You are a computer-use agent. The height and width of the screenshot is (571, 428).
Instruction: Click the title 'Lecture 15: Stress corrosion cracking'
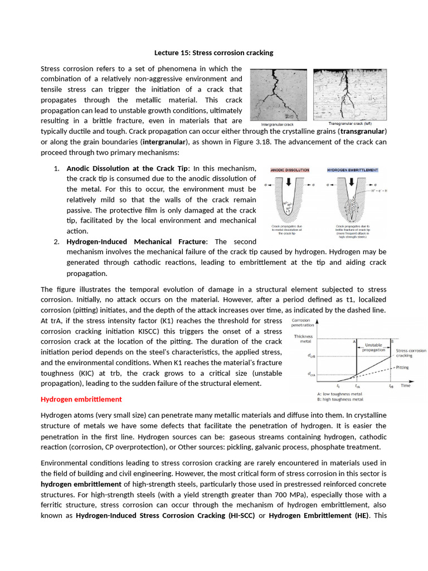click(x=213, y=53)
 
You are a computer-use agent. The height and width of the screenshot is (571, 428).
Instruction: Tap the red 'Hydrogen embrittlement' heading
click(x=81, y=399)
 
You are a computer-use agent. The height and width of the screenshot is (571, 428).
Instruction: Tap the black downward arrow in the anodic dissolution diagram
click(x=288, y=183)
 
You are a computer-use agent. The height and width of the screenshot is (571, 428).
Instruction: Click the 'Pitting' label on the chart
click(x=403, y=367)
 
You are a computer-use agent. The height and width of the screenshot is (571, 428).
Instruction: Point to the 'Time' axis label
click(x=406, y=385)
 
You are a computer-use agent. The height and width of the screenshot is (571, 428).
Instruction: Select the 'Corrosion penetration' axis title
click(x=302, y=323)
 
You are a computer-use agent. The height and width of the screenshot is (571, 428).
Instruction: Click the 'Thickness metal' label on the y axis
click(x=304, y=339)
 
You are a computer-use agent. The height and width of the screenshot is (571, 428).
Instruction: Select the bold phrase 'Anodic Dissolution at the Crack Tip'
click(x=128, y=168)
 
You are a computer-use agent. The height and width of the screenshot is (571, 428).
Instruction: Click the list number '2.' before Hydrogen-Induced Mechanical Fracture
click(x=57, y=242)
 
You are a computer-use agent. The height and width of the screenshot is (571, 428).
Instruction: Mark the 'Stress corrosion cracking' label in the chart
click(x=411, y=353)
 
